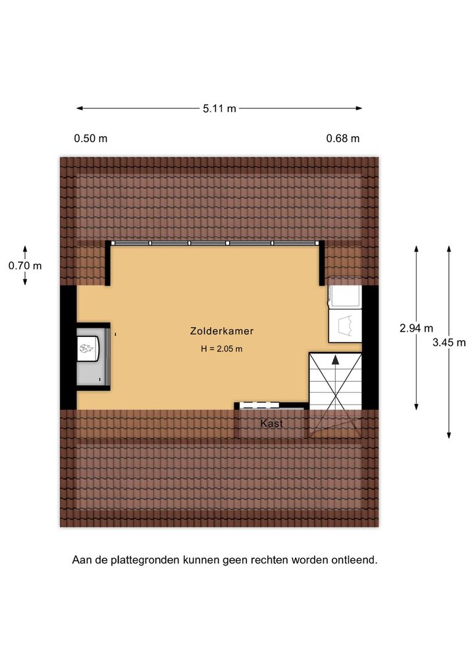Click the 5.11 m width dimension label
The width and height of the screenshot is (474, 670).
[219, 109]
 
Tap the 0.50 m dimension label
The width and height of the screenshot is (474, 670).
[91, 138]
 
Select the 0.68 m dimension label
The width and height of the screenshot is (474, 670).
[343, 138]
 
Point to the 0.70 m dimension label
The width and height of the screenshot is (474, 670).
[25, 266]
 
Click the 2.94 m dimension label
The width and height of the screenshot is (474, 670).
[416, 328]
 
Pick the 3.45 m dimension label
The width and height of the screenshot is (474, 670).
[449, 342]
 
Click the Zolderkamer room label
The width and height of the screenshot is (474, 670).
[222, 331]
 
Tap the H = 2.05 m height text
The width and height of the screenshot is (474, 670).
[222, 349]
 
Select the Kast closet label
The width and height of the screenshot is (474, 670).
[272, 423]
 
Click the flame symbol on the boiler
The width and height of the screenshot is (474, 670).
[87, 349]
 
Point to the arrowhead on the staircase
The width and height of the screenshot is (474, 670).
[336, 360]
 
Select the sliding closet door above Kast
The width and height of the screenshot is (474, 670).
[259, 405]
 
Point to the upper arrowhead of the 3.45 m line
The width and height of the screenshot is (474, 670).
[449, 249]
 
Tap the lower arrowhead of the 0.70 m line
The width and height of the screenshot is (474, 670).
[25, 282]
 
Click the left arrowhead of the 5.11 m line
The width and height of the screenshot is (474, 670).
[80, 109]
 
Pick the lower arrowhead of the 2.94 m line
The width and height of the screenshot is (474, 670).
[416, 406]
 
